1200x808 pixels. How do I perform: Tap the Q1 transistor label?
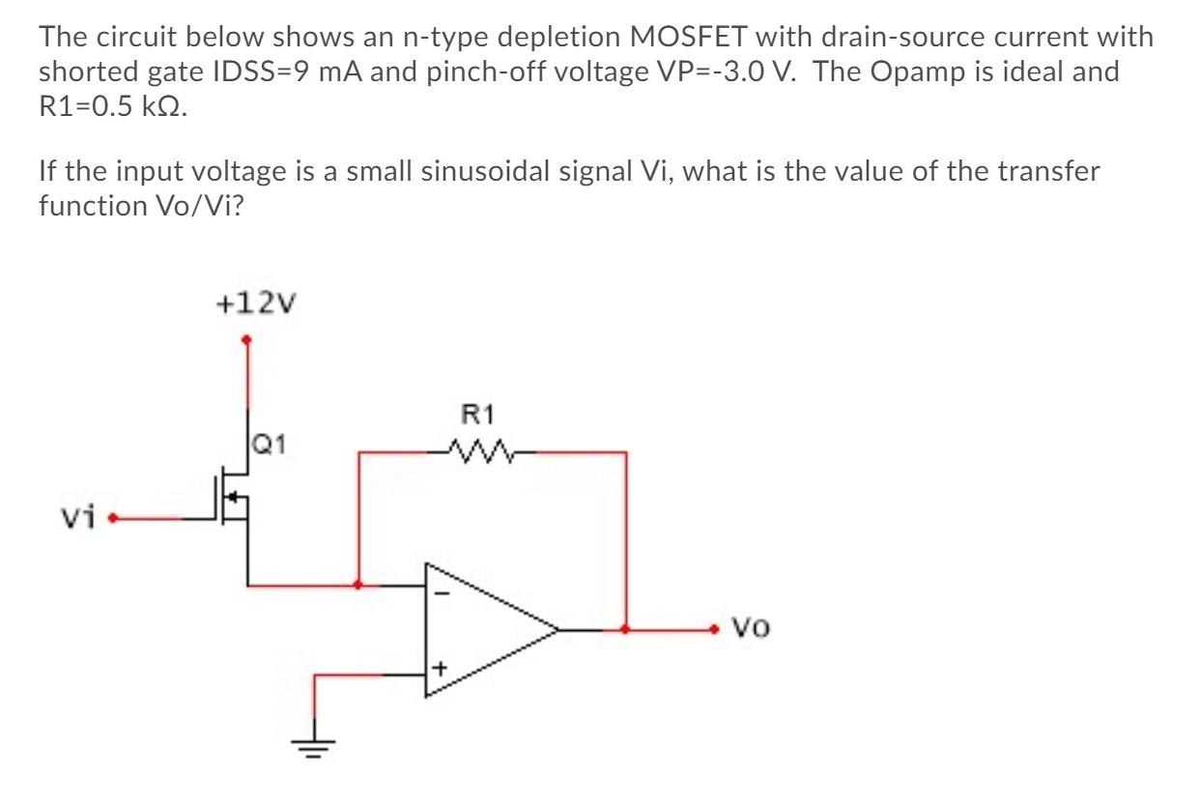268,446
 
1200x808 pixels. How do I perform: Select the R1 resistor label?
478,416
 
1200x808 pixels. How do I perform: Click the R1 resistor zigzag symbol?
479,449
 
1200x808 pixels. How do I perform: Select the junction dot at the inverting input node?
359,585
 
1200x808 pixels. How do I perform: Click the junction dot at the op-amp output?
626,629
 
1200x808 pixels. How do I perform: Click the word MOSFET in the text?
685,38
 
